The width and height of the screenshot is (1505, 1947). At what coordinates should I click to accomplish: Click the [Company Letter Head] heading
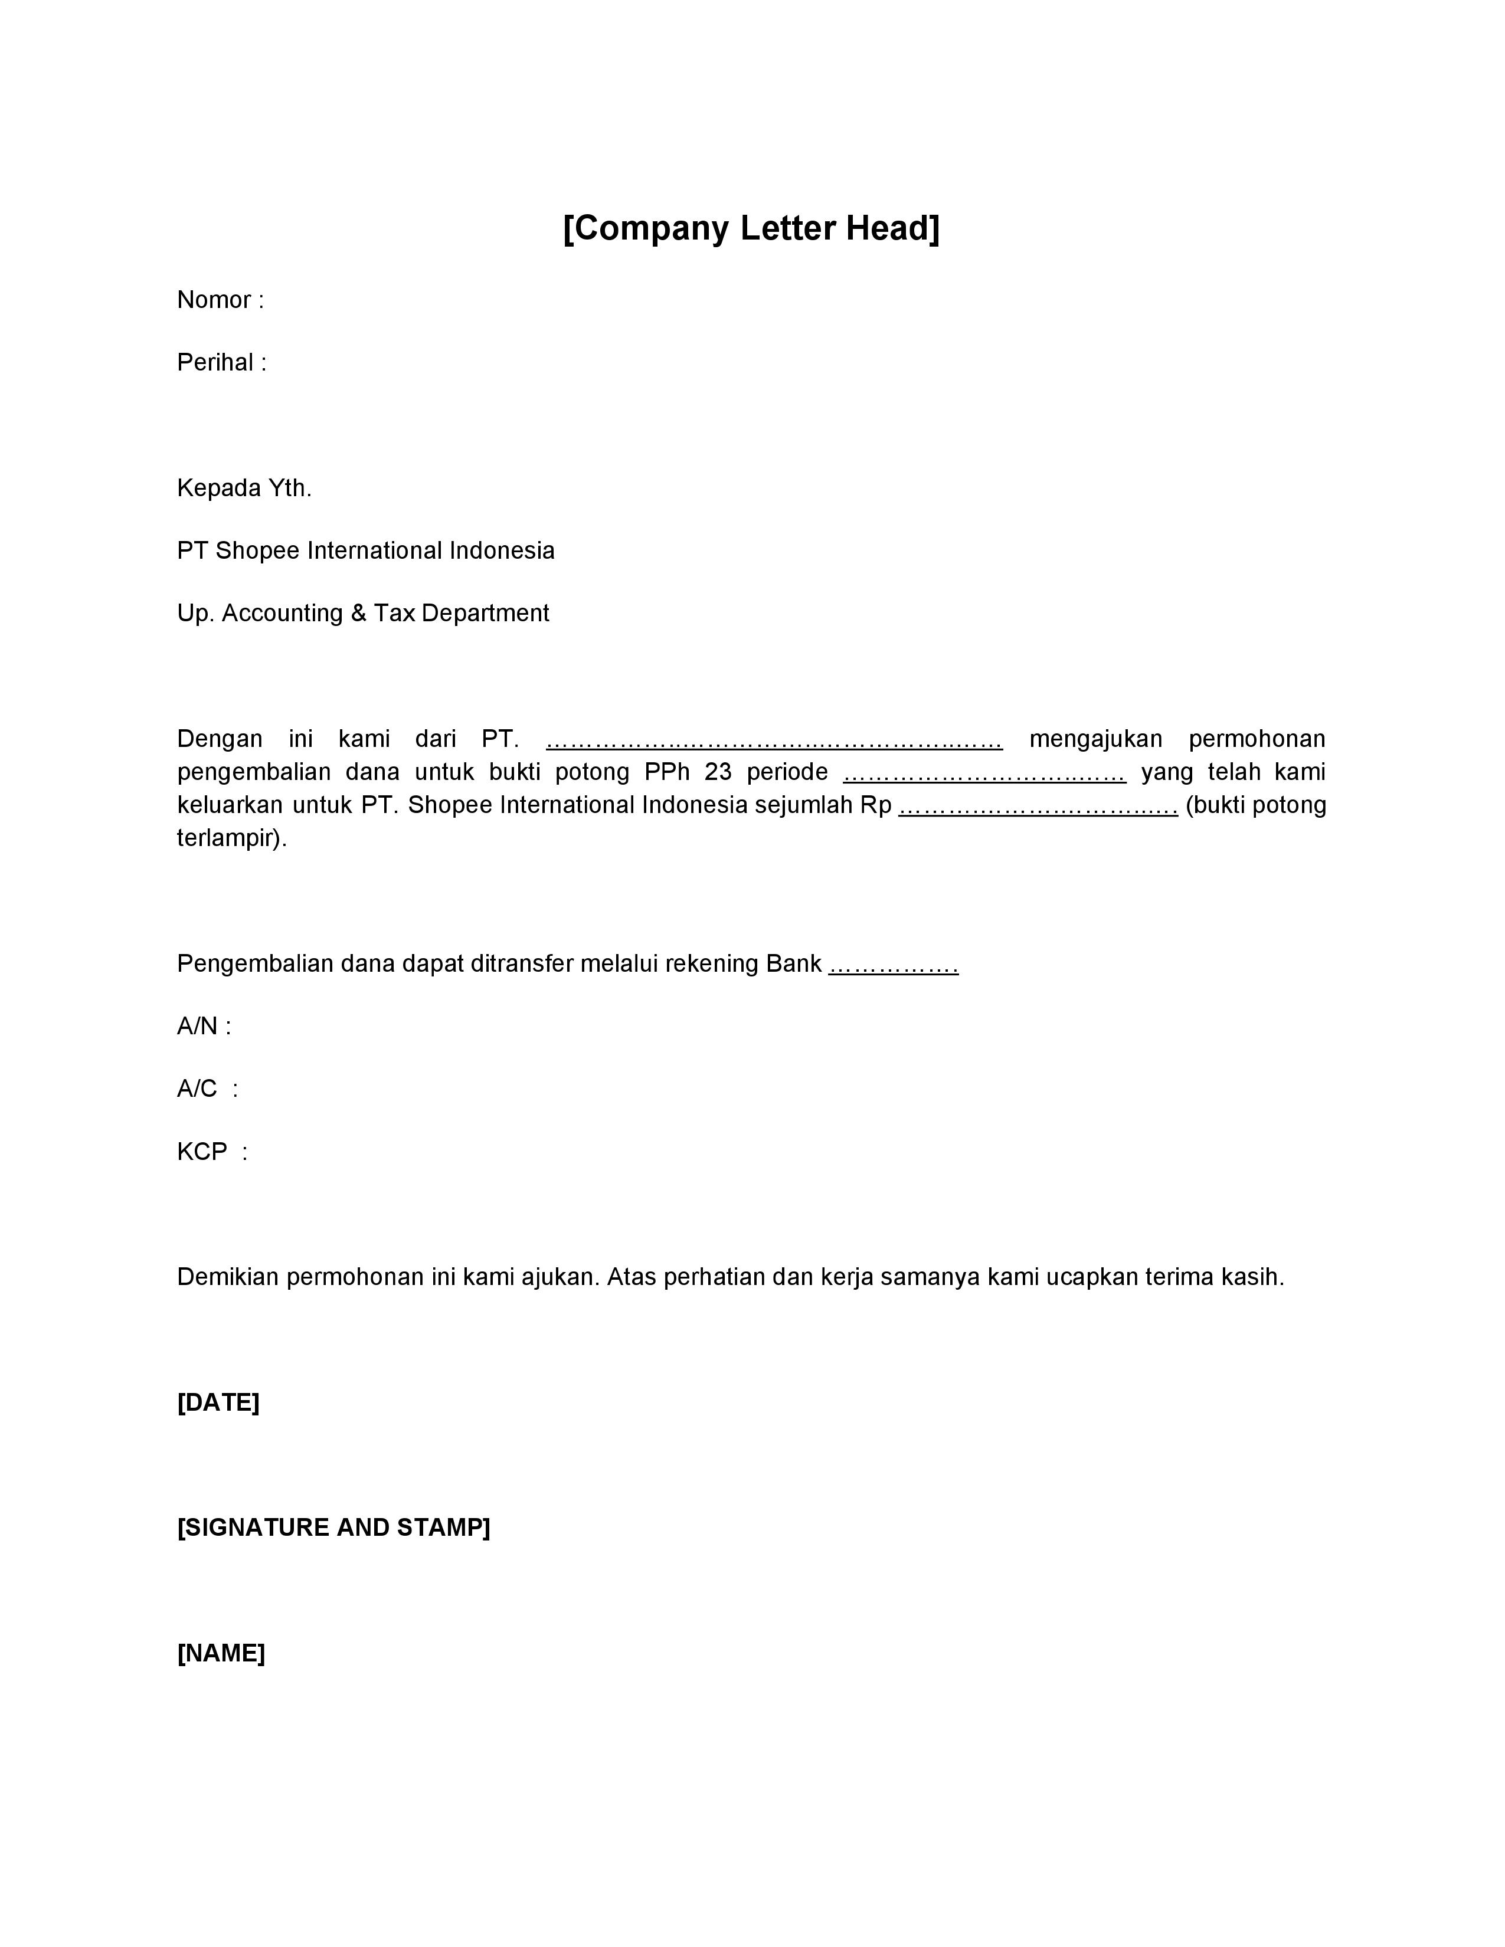pos(751,228)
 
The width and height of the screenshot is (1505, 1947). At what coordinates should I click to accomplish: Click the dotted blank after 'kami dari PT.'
pos(774,740)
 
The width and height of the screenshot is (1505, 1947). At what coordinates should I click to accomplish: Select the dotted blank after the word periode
pos(984,773)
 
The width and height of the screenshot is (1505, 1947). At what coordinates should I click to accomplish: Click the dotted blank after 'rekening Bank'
pos(894,965)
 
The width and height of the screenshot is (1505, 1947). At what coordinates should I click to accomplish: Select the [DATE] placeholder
pos(218,1402)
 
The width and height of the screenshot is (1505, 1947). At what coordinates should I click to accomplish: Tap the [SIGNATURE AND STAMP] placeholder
pos(333,1528)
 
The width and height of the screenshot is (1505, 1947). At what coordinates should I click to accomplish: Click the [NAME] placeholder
pos(221,1654)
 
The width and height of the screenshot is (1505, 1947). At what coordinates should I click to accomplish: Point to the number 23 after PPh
pos(718,772)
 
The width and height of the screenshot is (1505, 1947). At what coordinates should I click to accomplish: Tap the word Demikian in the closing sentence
pos(227,1277)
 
